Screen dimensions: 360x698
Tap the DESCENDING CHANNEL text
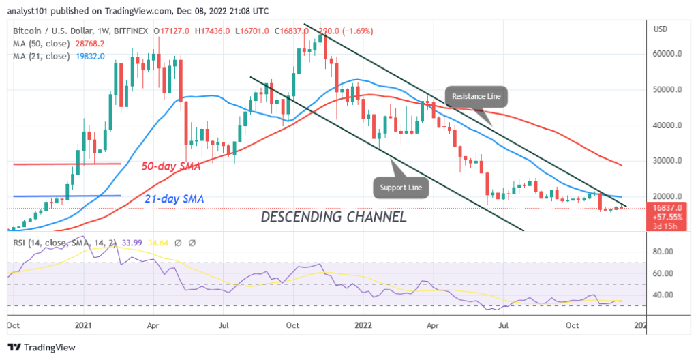333,217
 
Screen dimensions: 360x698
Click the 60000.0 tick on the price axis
667,54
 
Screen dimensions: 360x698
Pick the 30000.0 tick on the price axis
667,161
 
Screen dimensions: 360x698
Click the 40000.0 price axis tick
667,125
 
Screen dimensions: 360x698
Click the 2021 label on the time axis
83,326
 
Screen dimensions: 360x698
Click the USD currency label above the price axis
661,29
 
